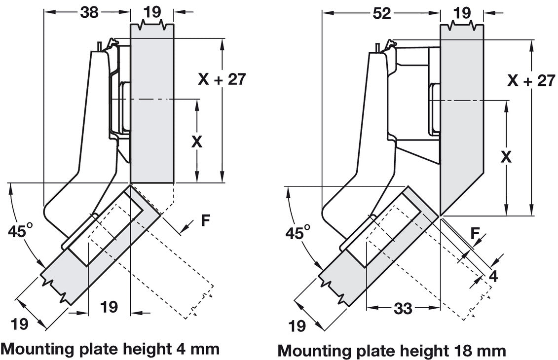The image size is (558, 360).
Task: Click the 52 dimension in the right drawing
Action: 381,13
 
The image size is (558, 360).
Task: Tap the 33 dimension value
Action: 403,309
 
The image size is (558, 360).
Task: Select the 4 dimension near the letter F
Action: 493,276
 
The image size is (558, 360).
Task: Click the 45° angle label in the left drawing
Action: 23,231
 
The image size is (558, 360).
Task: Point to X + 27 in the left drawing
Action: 222,79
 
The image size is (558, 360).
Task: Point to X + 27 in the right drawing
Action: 531,80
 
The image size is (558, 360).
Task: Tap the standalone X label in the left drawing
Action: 197,142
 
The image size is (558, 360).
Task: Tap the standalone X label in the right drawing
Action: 506,157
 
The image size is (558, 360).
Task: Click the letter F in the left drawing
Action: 206,220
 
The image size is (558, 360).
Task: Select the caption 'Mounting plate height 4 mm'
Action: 111,349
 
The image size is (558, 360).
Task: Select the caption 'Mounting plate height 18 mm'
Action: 392,351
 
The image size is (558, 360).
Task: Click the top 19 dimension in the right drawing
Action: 462,13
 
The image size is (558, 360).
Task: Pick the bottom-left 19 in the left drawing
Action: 20,324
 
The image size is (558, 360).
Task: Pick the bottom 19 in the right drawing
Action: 298,325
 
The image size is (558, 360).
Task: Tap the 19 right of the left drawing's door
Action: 109,307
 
